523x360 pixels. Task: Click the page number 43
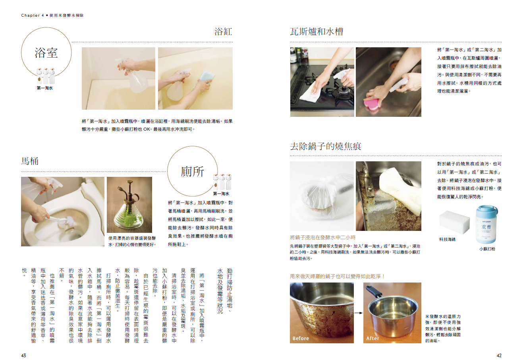[x=23, y=355]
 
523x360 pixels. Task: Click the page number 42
[x=499, y=355]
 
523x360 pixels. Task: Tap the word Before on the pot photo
[x=301, y=338]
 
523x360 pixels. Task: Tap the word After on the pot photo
[x=372, y=338]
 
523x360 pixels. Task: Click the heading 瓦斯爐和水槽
[x=317, y=31]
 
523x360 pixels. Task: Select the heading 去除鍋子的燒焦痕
[x=326, y=146]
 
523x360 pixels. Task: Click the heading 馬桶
[x=30, y=161]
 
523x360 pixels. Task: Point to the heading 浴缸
[x=224, y=31]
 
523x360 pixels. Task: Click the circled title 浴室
[x=46, y=53]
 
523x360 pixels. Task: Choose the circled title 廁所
[x=192, y=172]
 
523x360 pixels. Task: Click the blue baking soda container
[x=486, y=224]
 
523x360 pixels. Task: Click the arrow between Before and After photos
[x=359, y=313]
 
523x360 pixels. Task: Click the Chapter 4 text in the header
[x=33, y=15]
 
